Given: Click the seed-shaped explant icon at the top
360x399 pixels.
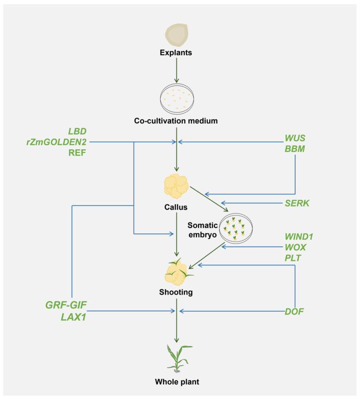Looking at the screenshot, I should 177,34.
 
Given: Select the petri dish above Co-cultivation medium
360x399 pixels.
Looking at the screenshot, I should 177,98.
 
